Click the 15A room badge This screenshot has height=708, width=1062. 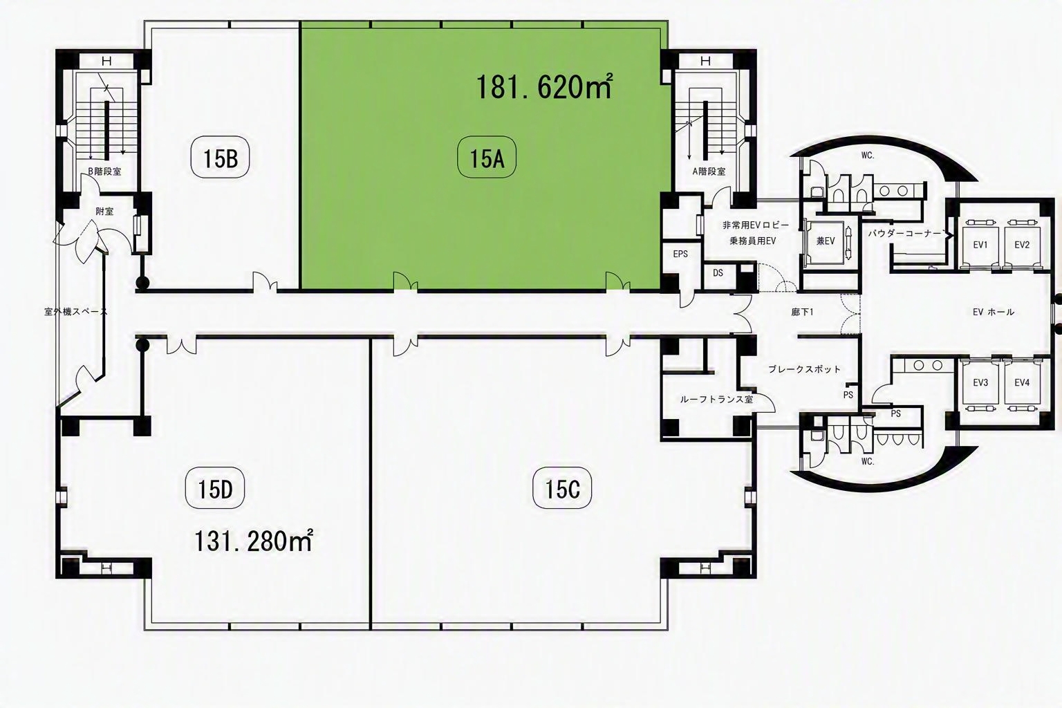pos(487,158)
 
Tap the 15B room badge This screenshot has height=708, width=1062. pos(220,158)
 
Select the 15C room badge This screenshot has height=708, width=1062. pos(562,489)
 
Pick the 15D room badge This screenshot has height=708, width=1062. pos(215,489)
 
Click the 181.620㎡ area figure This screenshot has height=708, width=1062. pos(544,87)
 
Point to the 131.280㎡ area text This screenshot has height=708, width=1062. pos(254,541)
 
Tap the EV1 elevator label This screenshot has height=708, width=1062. pos(980,245)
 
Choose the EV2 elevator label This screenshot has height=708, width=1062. pos(1022,245)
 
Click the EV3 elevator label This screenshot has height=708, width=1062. pos(980,382)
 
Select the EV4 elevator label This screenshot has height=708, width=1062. pos(1022,382)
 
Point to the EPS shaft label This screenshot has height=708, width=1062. pos(680,254)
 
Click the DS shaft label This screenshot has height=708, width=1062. pos(718,272)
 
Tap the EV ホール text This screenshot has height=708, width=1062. pos(994,312)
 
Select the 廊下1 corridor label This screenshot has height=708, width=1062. pos(802,312)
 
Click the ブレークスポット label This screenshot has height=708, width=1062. pos(804,369)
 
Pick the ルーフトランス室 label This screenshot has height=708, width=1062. pos(716,400)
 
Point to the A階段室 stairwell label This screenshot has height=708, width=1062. pos(709,171)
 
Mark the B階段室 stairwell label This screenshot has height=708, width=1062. pos(104,171)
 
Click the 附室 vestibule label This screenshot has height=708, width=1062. pos(104,211)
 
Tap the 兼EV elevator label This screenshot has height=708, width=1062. pos(826,241)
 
